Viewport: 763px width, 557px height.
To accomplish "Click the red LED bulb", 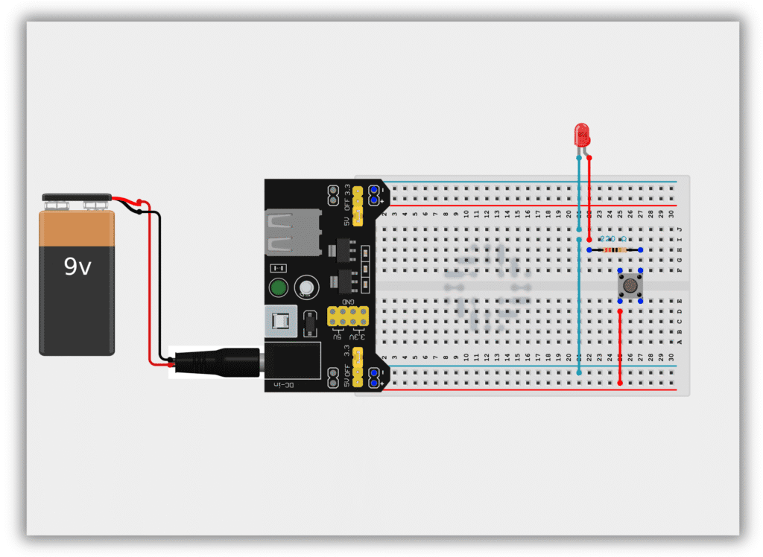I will (582, 135).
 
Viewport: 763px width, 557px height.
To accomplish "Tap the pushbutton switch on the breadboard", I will (630, 285).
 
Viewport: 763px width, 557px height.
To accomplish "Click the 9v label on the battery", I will (77, 266).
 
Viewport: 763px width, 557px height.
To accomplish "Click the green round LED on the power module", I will (279, 288).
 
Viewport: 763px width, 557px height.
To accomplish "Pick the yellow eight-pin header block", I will (347, 316).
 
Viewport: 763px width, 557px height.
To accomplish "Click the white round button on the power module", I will (305, 287).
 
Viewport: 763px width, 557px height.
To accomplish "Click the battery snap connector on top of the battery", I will (77, 200).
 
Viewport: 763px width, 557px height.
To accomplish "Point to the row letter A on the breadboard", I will (679, 342).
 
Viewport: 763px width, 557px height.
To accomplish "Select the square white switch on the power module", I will (282, 322).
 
